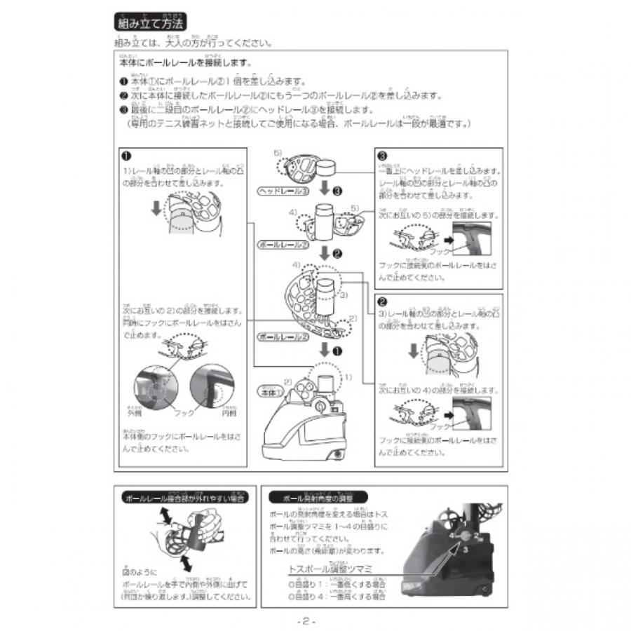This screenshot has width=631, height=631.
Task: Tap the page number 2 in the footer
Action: (x=306, y=621)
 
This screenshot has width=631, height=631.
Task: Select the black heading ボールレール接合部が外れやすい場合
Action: (x=184, y=498)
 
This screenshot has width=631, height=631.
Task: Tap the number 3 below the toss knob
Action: (x=466, y=551)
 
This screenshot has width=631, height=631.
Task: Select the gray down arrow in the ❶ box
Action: (x=156, y=209)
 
